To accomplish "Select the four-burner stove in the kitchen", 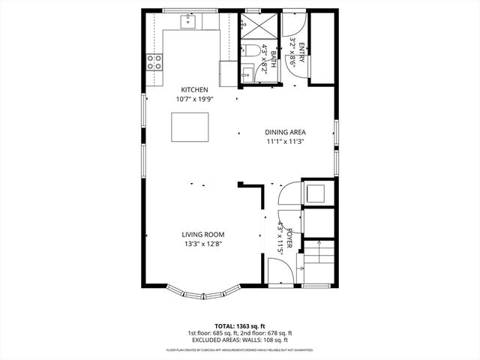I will [x=154, y=62].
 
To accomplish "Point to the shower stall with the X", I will [x=258, y=27].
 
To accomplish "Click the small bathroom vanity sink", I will [x=247, y=73].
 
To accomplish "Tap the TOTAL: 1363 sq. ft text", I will [x=239, y=326].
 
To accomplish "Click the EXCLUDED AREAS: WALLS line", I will [x=239, y=340].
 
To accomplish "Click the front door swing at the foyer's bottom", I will [x=285, y=274].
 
